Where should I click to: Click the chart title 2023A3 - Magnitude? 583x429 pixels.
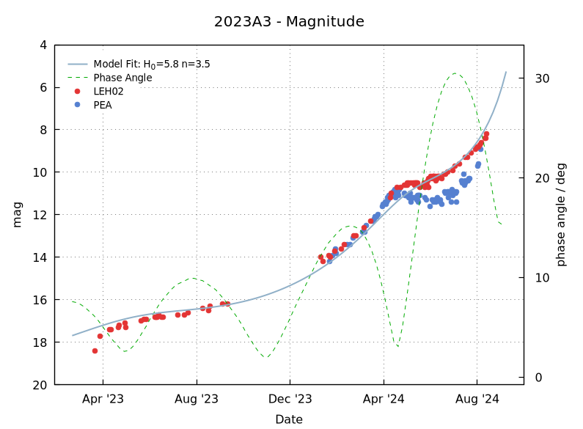pyautogui.click(x=289, y=22)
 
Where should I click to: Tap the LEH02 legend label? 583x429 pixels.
pyautogui.click(x=109, y=92)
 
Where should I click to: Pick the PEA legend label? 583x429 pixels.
pyautogui.click(x=103, y=105)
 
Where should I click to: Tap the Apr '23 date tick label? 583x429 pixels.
pyautogui.click(x=103, y=400)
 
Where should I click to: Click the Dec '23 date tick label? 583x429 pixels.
pyautogui.click(x=290, y=400)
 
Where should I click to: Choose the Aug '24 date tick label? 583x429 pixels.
pyautogui.click(x=477, y=400)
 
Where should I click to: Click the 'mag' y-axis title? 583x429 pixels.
pyautogui.click(x=18, y=215)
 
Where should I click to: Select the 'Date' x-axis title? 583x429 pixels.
pyautogui.click(x=289, y=419)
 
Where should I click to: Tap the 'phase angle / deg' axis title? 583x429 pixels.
pyautogui.click(x=562, y=215)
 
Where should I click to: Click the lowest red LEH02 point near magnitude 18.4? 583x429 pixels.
pyautogui.click(x=95, y=351)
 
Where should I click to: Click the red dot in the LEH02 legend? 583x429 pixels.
pyautogui.click(x=78, y=92)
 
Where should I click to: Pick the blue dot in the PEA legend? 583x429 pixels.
pyautogui.click(x=78, y=105)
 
